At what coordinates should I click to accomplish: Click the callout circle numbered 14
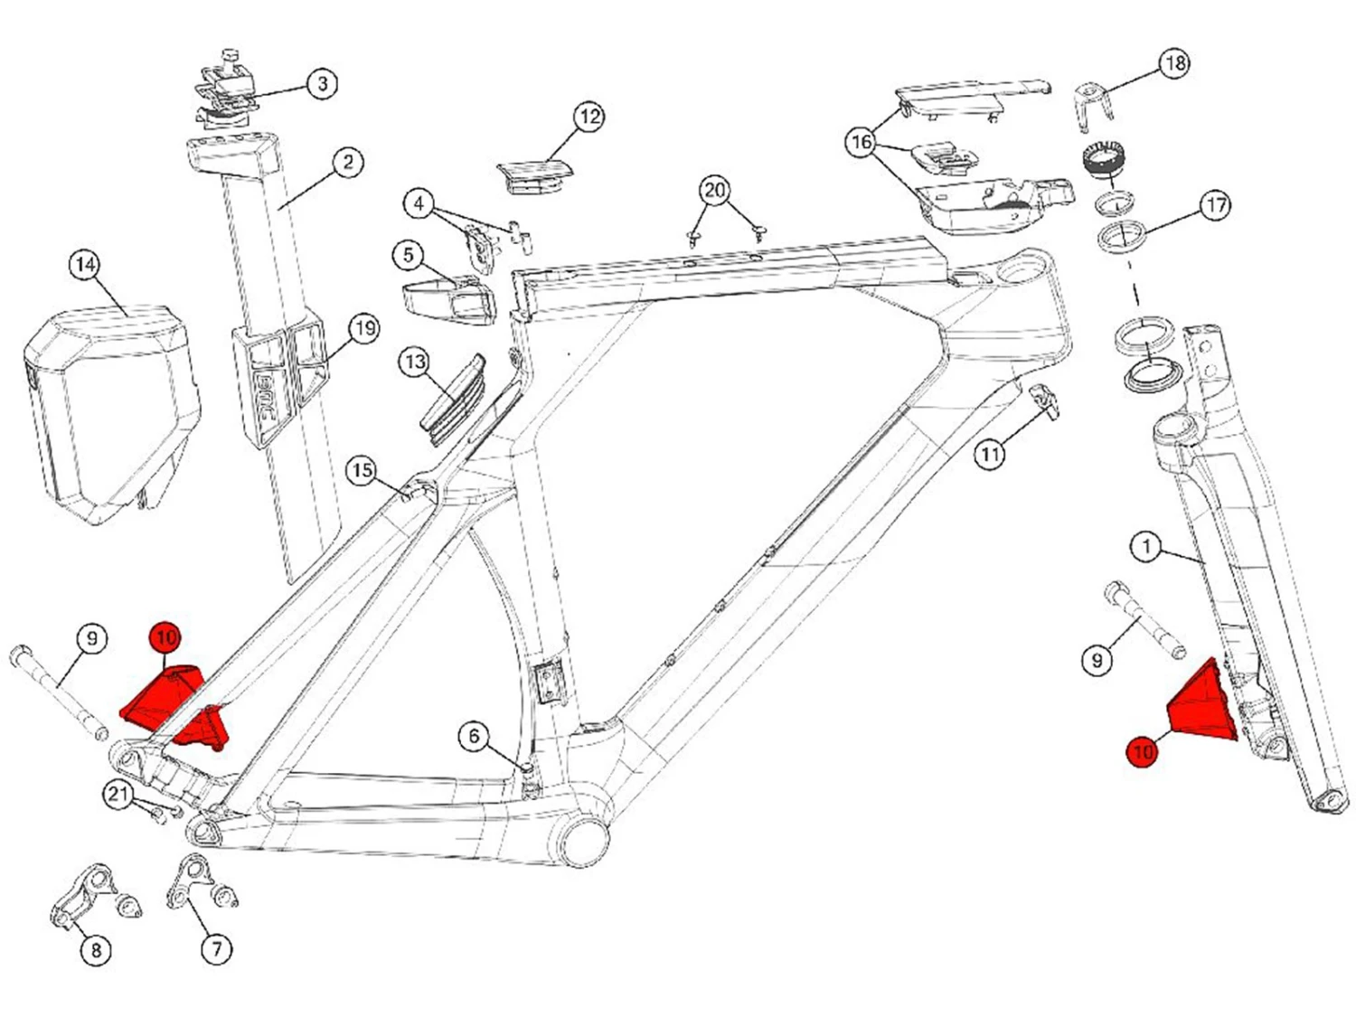coord(85,265)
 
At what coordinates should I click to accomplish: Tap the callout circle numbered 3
coord(323,84)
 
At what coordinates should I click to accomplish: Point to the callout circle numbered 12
coord(589,117)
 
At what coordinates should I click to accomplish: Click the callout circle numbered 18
coord(1174,63)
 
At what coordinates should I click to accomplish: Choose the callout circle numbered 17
coord(1216,205)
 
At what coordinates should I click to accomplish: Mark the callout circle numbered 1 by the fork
coord(1146,546)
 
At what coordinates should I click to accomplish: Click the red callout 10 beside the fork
coord(1143,751)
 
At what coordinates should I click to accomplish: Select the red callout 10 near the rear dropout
coord(165,637)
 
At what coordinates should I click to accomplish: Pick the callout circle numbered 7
coord(216,949)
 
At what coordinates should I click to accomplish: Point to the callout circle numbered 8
coord(96,950)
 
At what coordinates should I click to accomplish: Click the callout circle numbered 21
coord(118,795)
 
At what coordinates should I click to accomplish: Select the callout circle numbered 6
coord(474,736)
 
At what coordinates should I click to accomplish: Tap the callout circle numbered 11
coord(990,454)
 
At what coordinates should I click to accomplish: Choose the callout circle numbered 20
coord(715,191)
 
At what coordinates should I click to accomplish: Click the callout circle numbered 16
coord(862,142)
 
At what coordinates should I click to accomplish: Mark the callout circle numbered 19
coord(363,328)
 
